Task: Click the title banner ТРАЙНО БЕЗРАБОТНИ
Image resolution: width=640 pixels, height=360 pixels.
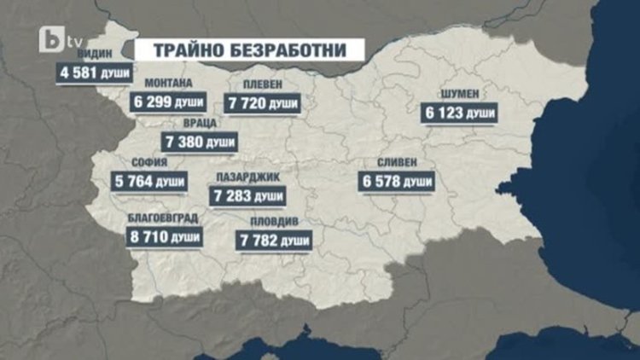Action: pyautogui.click(x=250, y=49)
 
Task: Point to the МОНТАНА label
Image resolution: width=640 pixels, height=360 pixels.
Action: pyautogui.click(x=168, y=84)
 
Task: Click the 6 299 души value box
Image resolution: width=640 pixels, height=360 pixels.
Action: pyautogui.click(x=169, y=101)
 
